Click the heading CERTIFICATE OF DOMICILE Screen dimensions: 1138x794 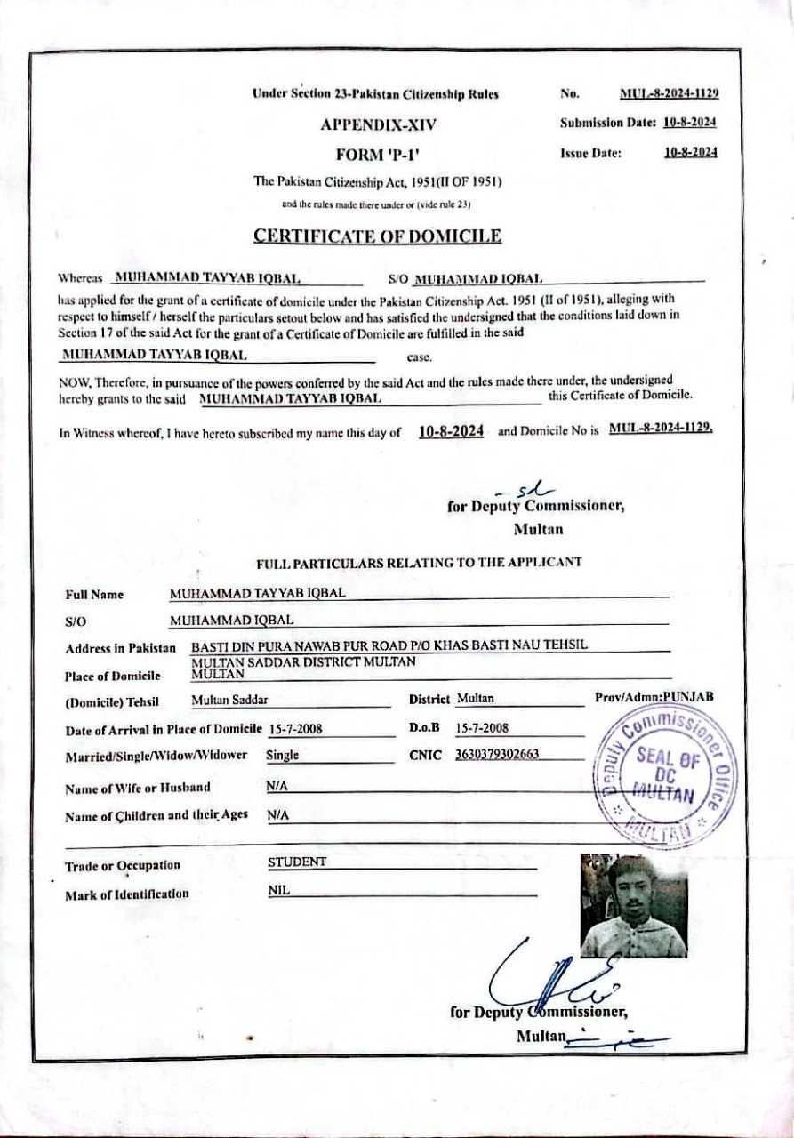377,236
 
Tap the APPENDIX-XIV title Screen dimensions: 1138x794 378,124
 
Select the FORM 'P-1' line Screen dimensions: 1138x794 378,154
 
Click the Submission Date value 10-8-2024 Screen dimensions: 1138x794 690,123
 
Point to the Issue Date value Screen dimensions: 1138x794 690,152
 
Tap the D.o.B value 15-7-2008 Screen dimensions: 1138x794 481,728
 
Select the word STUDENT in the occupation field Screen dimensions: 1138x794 297,862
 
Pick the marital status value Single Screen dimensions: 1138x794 282,757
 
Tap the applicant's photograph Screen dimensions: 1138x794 633,905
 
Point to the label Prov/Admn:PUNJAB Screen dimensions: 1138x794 654,698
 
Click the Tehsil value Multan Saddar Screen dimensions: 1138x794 229,700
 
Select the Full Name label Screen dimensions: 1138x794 94,595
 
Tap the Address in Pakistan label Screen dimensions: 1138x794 120,649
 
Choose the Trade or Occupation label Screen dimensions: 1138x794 122,865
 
